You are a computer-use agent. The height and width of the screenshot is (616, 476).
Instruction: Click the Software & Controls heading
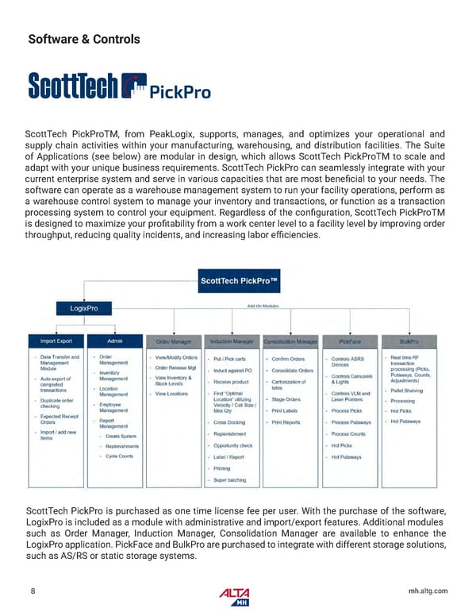pyautogui.click(x=84, y=39)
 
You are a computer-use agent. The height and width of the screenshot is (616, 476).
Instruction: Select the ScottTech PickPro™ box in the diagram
pyautogui.click(x=237, y=281)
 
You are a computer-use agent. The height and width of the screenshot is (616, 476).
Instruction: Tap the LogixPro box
pyautogui.click(x=84, y=307)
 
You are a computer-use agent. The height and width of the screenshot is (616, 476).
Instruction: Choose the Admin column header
pyautogui.click(x=115, y=341)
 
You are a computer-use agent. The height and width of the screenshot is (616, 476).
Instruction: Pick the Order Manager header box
pyautogui.click(x=175, y=341)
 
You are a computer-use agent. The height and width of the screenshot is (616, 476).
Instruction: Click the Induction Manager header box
pyautogui.click(x=232, y=341)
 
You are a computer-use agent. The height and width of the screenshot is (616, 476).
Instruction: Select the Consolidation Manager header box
pyautogui.click(x=290, y=341)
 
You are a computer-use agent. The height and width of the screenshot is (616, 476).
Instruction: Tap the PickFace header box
pyautogui.click(x=349, y=341)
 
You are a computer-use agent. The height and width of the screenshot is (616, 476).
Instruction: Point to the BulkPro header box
pyautogui.click(x=409, y=341)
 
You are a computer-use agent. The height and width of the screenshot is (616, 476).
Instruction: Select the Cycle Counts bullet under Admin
pyautogui.click(x=120, y=456)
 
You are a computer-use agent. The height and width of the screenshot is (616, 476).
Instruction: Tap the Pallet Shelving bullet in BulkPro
pyautogui.click(x=409, y=390)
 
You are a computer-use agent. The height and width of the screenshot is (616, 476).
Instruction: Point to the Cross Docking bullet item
pyautogui.click(x=229, y=422)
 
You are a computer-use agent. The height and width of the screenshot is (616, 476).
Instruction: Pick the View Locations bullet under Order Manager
pyautogui.click(x=172, y=394)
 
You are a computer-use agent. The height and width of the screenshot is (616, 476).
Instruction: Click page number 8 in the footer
pyautogui.click(x=32, y=591)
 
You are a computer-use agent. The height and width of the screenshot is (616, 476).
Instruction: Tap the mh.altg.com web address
pyautogui.click(x=427, y=591)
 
